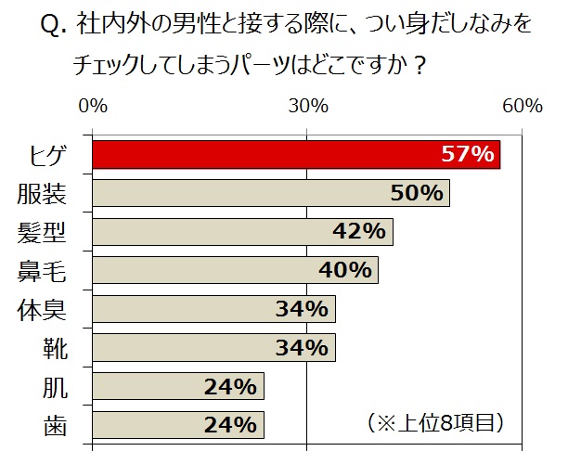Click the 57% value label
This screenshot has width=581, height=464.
467,155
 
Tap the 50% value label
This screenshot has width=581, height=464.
417,193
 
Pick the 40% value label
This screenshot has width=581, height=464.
345,270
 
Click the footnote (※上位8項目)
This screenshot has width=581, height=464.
435,422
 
